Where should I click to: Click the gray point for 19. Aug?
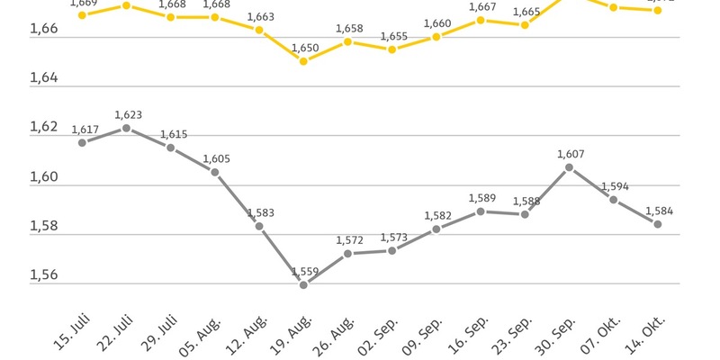point(303,285)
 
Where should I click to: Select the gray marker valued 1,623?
point(126,128)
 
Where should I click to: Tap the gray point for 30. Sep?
point(569,167)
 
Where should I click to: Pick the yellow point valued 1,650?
point(303,61)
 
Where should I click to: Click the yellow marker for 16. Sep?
point(481,19)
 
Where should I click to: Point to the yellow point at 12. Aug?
point(259,30)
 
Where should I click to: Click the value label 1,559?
point(303,271)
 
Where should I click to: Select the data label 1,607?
point(571,153)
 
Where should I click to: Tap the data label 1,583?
point(260,212)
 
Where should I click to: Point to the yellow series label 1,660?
point(436,22)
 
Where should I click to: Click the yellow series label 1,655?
point(392,36)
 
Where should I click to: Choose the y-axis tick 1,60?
point(19,176)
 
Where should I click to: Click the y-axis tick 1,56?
point(19,274)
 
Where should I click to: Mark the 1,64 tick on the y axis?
point(19,78)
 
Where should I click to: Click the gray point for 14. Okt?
point(658,224)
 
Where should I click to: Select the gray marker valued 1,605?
point(215,172)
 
